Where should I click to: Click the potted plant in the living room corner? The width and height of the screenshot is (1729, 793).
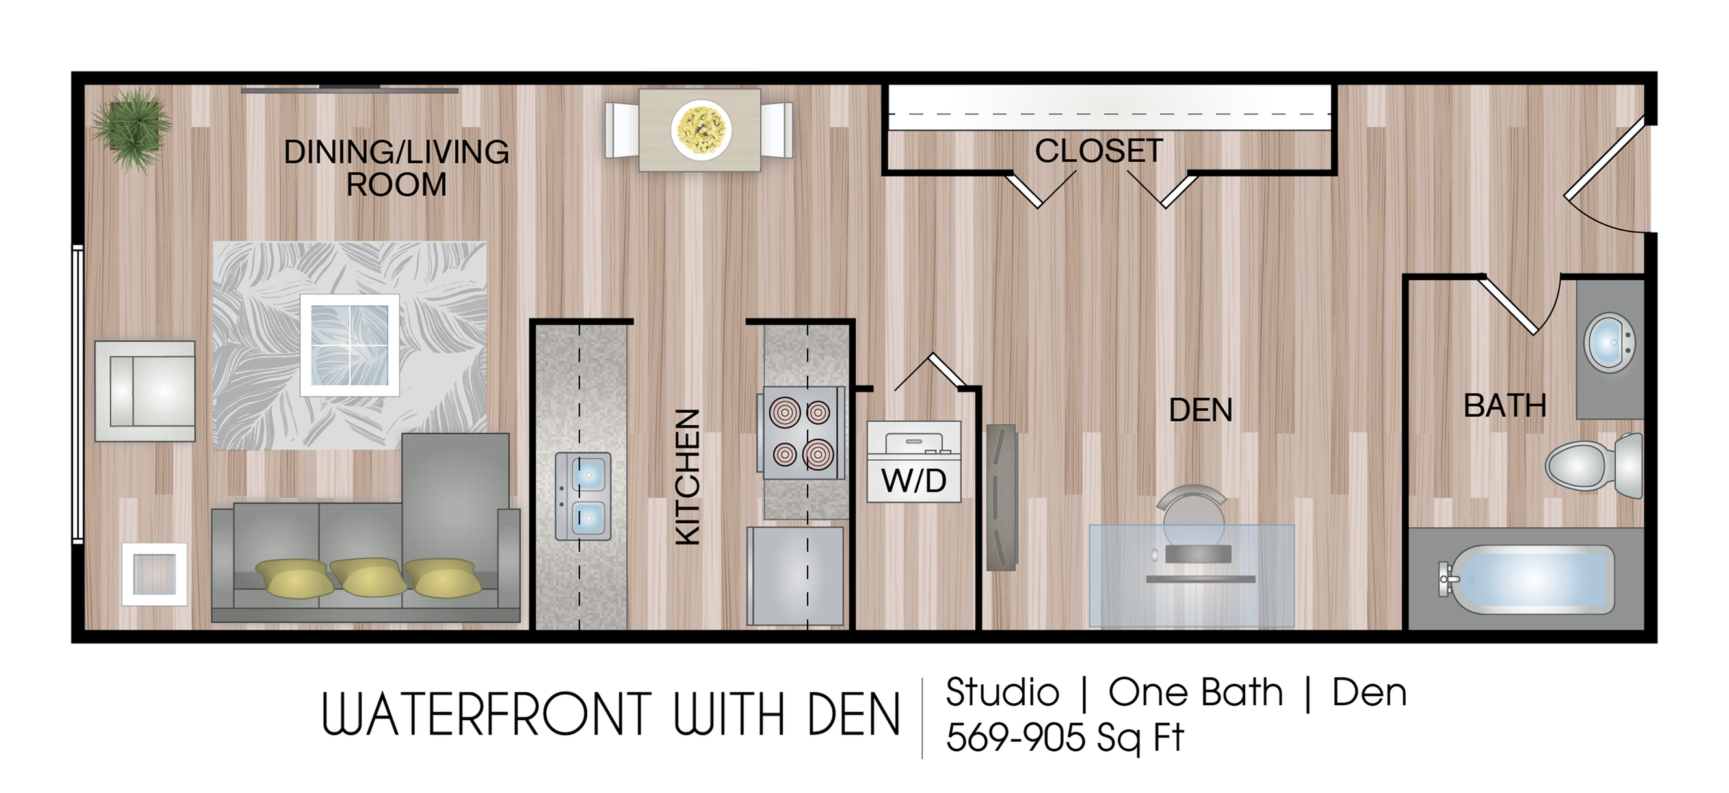pos(132,130)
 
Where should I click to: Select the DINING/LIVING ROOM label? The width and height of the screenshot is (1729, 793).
pos(397,168)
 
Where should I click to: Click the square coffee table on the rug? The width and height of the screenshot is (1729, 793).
pos(350,345)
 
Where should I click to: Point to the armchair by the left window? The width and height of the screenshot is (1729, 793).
pos(145,391)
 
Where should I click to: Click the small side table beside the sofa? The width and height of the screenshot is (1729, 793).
pos(154,575)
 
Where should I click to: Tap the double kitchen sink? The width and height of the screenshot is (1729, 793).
pos(583,496)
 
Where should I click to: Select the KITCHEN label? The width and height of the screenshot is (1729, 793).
pos(688,477)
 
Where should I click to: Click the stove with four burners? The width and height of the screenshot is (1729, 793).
pos(799,433)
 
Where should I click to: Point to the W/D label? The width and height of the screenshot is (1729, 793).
pos(914,480)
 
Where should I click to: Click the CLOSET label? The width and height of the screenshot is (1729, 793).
pos(1099,151)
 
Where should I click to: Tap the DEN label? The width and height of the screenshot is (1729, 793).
pos(1201,410)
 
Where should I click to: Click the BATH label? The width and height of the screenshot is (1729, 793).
pos(1505,405)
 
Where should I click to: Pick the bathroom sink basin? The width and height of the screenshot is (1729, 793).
pos(1609,343)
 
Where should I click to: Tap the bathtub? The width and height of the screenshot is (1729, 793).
pos(1525,580)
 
